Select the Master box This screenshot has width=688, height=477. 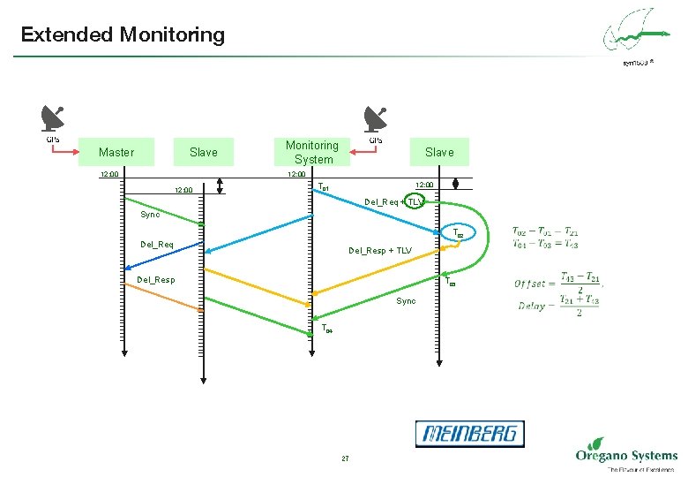pyautogui.click(x=116, y=152)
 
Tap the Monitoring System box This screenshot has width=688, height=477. pyautogui.click(x=313, y=152)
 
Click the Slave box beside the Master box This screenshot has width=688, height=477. pyautogui.click(x=203, y=152)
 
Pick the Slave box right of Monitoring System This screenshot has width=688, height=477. pyautogui.click(x=438, y=152)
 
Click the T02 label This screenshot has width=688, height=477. pyautogui.click(x=458, y=234)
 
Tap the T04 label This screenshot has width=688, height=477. pyautogui.click(x=327, y=329)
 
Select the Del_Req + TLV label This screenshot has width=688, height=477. pyautogui.click(x=394, y=202)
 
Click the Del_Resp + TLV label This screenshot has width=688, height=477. pyautogui.click(x=379, y=250)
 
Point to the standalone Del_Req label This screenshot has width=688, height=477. pyautogui.click(x=157, y=244)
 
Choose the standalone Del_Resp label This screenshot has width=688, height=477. pyautogui.click(x=155, y=280)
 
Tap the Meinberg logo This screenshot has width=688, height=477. pyautogui.click(x=469, y=434)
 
